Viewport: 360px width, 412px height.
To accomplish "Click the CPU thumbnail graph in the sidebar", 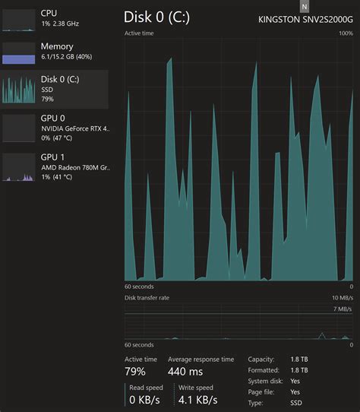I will click(18, 21).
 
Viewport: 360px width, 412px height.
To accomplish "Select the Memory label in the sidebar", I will click(57, 46).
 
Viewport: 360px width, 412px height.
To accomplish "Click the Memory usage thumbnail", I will click(18, 54).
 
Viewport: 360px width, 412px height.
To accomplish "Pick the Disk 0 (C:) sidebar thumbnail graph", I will click(18, 89).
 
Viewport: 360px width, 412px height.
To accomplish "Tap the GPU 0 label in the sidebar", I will click(53, 119).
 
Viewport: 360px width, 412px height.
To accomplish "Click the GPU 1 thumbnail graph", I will click(18, 168).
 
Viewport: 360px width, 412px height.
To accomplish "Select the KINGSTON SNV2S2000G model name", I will click(305, 20).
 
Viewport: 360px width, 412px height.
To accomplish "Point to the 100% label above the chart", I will click(346, 33).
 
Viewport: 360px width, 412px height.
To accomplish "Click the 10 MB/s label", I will click(342, 297).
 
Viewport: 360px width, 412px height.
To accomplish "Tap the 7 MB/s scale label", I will click(343, 309).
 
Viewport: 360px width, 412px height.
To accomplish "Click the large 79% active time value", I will click(135, 372).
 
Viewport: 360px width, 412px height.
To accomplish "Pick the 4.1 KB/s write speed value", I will click(197, 399).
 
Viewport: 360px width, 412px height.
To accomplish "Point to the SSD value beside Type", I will click(295, 403).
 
